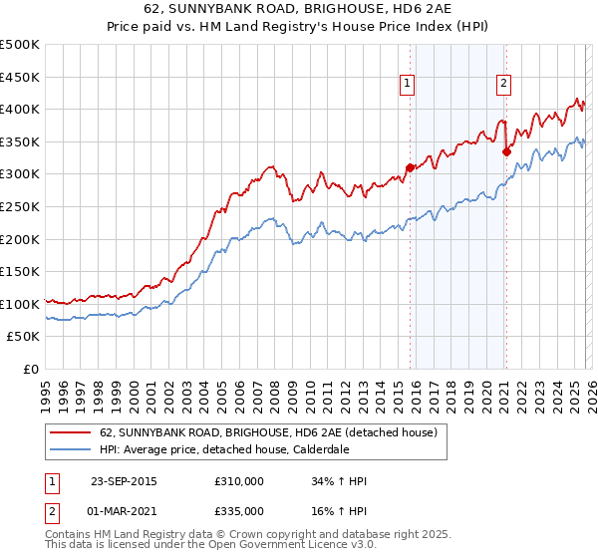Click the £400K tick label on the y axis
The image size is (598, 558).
pos(20,109)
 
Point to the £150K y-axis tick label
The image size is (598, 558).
pos(20,271)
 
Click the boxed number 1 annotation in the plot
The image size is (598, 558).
pos(409,84)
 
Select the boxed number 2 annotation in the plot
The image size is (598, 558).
pos(504,84)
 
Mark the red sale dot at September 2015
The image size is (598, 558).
pos(410,167)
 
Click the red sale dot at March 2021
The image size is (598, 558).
pos(505,151)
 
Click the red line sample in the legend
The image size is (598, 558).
pos(70,433)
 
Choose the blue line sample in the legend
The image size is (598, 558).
pos(70,450)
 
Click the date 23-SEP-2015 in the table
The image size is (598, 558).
pos(124,482)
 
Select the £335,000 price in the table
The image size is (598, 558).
pos(239,510)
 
